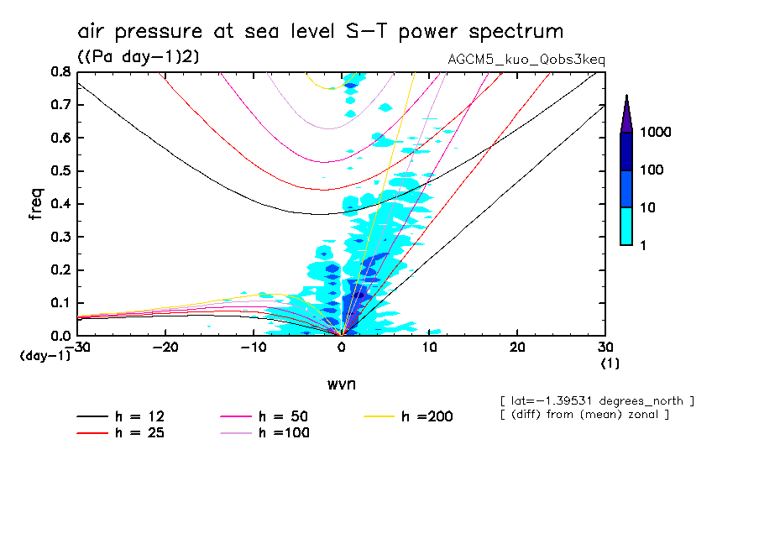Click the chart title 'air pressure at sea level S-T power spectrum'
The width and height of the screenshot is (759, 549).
(x=320, y=32)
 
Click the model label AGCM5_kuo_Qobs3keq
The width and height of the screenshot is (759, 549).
(x=527, y=60)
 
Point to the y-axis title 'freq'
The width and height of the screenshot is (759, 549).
(x=36, y=203)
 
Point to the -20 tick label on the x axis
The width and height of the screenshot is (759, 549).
(x=165, y=348)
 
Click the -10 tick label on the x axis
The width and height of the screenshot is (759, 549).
(x=254, y=348)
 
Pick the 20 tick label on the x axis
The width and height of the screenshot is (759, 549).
(x=517, y=348)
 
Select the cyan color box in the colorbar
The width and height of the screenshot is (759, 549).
(x=626, y=226)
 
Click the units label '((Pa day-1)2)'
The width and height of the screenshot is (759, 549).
(x=139, y=56)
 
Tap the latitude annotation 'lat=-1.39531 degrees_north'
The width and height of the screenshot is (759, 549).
(x=597, y=400)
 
